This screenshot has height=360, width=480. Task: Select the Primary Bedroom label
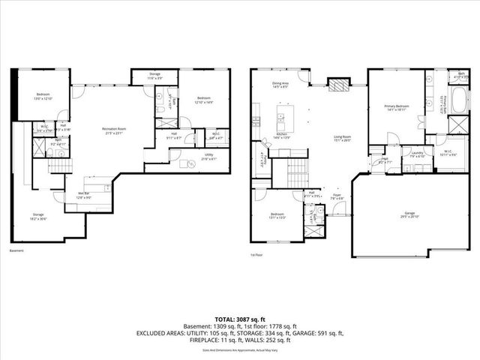(396, 106)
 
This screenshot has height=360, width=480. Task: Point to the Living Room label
(343, 136)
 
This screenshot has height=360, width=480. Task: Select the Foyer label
(338, 197)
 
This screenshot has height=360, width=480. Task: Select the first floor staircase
(297, 172)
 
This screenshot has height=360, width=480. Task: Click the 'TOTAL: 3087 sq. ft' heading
(239, 319)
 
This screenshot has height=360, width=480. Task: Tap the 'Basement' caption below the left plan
(16, 250)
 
